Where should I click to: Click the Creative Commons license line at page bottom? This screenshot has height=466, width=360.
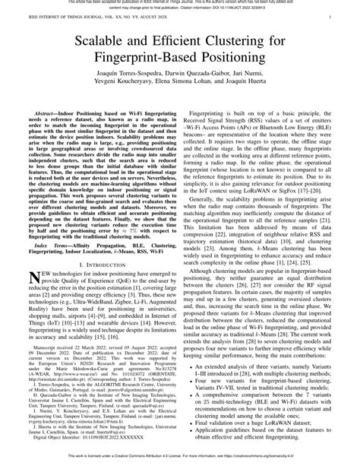[x=180, y=460]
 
